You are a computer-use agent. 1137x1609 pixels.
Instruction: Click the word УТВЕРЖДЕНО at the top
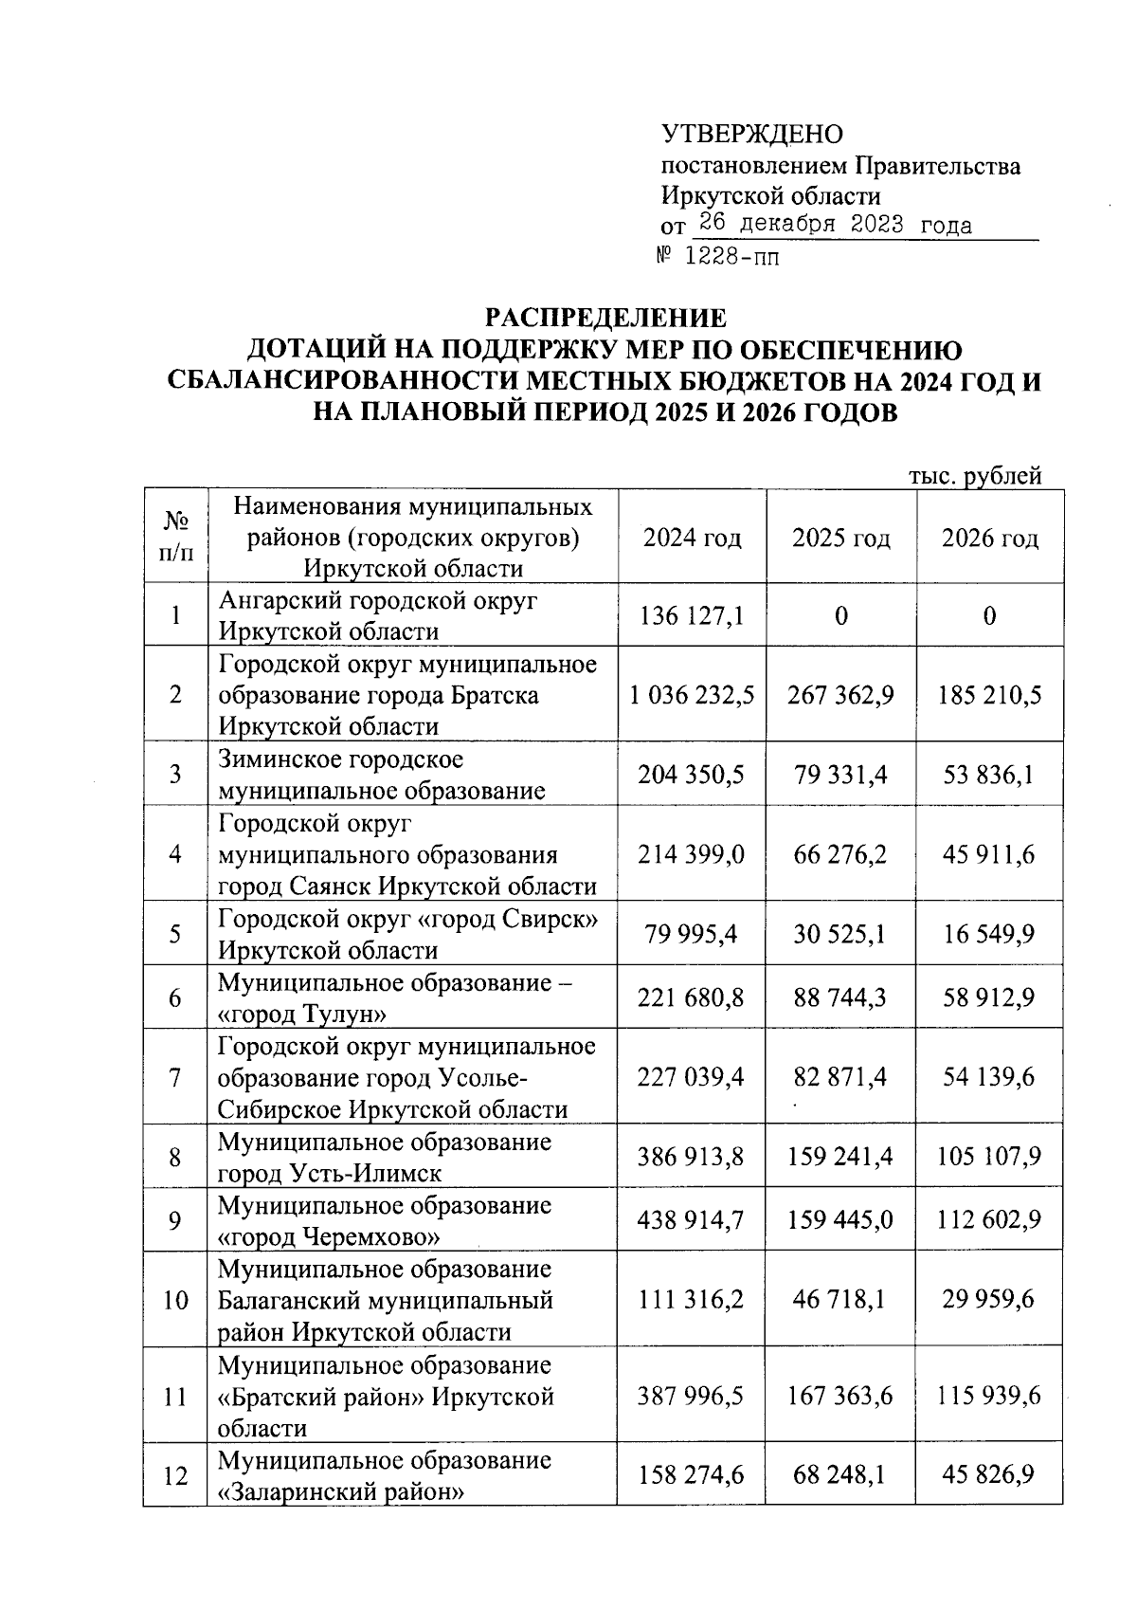coord(751,134)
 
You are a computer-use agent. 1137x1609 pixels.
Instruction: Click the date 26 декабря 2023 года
coord(835,225)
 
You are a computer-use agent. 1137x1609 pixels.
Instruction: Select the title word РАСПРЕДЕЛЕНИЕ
coord(605,318)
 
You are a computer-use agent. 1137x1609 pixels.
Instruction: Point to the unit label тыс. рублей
coord(975,476)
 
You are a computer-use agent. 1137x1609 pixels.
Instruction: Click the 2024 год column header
coord(692,538)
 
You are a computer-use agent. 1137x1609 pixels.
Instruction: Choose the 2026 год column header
coord(989,538)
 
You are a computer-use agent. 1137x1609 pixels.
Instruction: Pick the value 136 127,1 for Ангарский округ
coord(692,616)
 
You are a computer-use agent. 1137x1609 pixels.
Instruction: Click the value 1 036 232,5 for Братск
coord(692,695)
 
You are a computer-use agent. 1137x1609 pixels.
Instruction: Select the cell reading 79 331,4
coord(840,775)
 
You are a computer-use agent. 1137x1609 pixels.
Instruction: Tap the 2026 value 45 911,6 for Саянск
coord(989,854)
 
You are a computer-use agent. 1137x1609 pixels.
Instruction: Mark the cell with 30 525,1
coord(840,934)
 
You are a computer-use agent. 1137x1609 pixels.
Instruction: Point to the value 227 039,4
coord(692,1077)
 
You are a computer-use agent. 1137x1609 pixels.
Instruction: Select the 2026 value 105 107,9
coord(989,1157)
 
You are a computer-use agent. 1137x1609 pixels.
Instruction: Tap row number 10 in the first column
coord(175,1300)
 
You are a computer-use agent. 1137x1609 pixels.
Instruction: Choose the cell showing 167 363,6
coord(840,1396)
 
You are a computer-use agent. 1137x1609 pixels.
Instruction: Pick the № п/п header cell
coord(175,537)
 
